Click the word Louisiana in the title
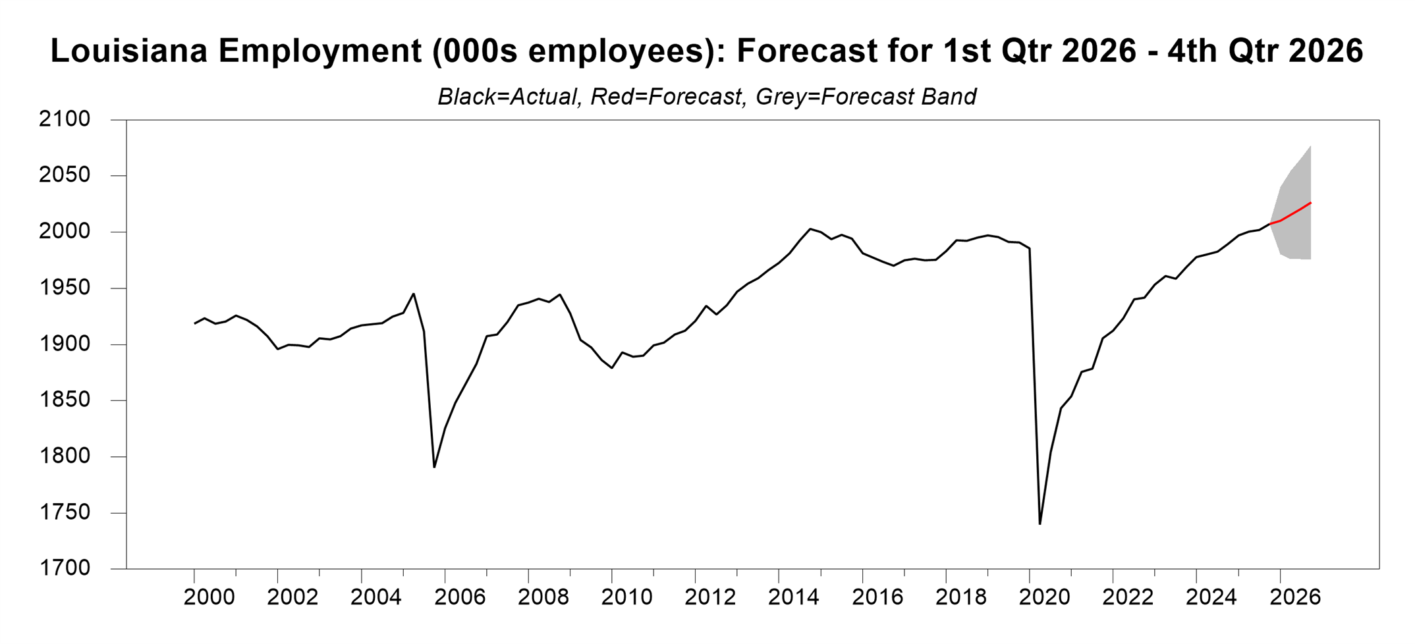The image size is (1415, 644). [129, 51]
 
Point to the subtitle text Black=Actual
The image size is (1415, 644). [507, 97]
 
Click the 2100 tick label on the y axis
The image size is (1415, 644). [65, 119]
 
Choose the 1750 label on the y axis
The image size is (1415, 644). [65, 512]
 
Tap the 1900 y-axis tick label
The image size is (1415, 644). [65, 344]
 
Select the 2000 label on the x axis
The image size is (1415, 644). [209, 597]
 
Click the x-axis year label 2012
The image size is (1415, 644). [710, 597]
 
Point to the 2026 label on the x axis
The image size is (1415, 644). [1295, 597]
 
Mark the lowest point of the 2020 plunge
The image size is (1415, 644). [1040, 524]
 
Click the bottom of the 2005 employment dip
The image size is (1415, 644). [434, 468]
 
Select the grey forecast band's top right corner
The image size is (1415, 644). [1310, 146]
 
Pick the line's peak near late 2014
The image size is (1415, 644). [810, 228]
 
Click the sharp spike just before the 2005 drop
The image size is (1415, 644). [414, 294]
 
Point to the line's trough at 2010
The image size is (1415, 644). [612, 367]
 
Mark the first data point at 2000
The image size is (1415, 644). [194, 323]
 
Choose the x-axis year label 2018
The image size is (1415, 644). [960, 597]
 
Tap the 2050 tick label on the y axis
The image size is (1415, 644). [65, 175]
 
